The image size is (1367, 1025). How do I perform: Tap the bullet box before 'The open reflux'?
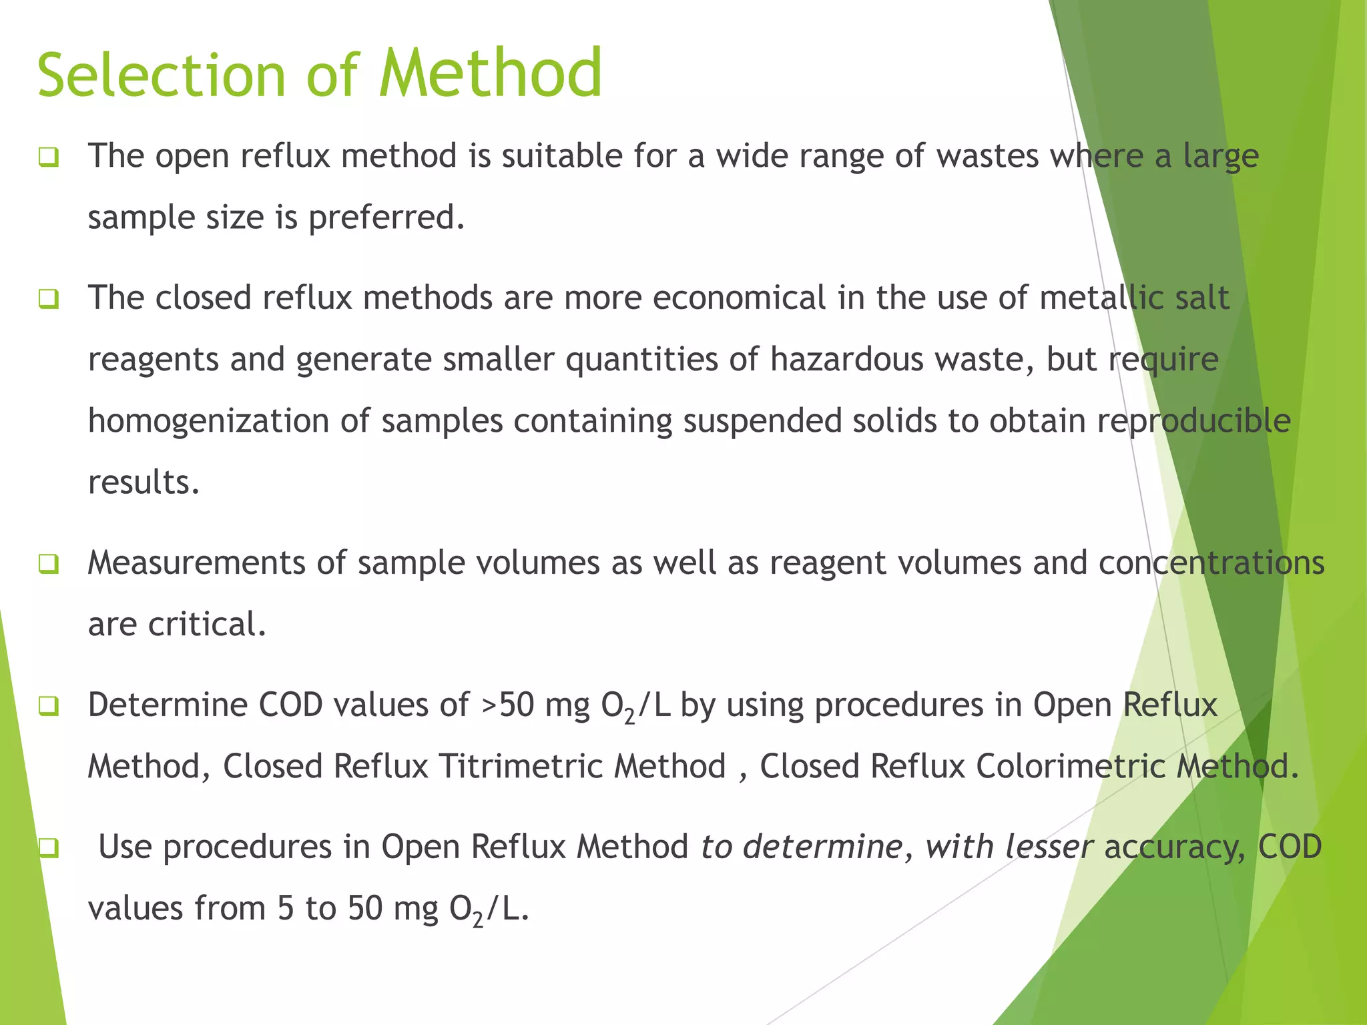click(49, 157)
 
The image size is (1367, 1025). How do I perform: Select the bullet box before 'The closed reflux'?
click(49, 299)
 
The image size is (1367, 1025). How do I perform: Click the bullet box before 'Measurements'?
click(49, 565)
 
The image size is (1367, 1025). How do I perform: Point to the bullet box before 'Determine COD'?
click(49, 706)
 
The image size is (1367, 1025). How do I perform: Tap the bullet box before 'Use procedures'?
click(49, 848)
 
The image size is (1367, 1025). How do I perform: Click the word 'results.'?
click(144, 482)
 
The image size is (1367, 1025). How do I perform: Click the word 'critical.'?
click(207, 624)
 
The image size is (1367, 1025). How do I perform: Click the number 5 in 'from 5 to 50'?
click(285, 908)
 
